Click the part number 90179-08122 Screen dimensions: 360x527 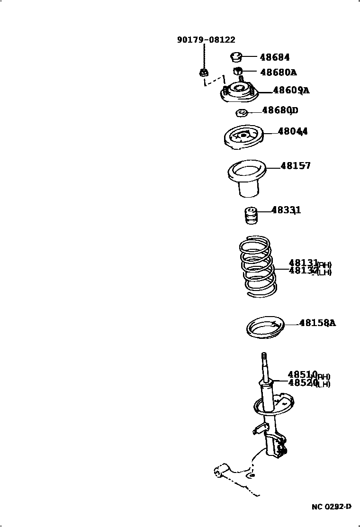click(206, 40)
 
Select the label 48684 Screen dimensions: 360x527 click(275, 57)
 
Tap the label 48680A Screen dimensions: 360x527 click(279, 72)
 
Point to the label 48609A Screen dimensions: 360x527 click(291, 90)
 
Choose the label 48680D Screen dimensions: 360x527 click(280, 110)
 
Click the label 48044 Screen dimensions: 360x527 click(293, 131)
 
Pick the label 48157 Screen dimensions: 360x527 click(296, 165)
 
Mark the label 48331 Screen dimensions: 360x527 click(286, 210)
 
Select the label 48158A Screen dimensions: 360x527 click(317, 323)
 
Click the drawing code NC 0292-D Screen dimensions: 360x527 click(332, 507)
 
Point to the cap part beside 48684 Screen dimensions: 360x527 click(236, 57)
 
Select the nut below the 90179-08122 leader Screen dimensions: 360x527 click(204, 72)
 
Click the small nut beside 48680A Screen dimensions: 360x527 click(238, 71)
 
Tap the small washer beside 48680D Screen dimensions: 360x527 click(241, 113)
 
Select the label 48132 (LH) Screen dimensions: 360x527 click(310, 271)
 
